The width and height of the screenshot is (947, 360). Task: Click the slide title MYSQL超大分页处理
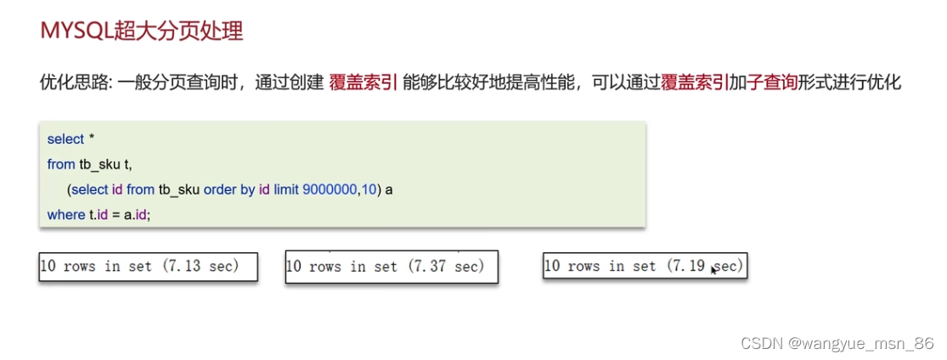(x=142, y=32)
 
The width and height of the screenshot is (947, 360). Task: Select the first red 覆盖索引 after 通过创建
(x=364, y=83)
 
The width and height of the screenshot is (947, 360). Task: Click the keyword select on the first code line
(x=65, y=139)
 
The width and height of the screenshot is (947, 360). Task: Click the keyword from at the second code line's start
(x=61, y=164)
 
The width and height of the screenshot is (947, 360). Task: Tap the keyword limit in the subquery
(x=286, y=189)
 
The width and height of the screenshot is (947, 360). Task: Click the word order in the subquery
(x=220, y=189)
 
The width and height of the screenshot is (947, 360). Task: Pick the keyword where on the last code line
(x=65, y=215)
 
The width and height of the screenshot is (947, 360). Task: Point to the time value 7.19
(x=687, y=267)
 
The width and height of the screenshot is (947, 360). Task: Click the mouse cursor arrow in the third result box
(x=714, y=269)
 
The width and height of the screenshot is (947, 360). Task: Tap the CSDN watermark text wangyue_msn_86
(x=883, y=343)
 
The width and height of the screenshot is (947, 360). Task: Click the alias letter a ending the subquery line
(x=389, y=189)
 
